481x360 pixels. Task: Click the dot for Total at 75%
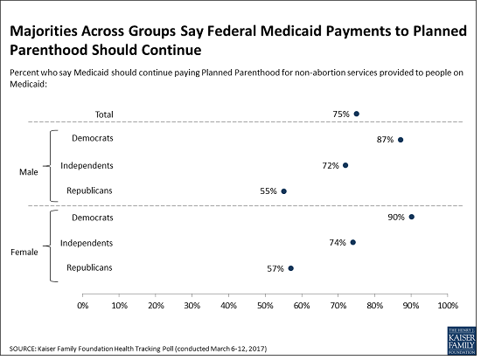(357, 114)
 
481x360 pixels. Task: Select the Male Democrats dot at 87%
(401, 140)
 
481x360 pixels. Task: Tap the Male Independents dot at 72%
(345, 165)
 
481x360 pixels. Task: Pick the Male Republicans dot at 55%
(283, 191)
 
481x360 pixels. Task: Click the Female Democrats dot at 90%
(412, 217)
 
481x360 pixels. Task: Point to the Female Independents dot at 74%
(353, 242)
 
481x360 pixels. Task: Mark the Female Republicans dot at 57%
(291, 268)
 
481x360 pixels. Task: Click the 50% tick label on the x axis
(265, 306)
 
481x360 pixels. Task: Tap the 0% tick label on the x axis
(83, 306)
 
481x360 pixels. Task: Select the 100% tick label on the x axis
(448, 306)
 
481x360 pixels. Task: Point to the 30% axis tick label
(192, 306)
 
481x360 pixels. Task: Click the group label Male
(29, 172)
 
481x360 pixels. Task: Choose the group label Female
(24, 253)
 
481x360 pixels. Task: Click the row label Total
(104, 114)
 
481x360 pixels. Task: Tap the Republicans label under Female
(89, 267)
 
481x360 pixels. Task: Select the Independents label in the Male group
(87, 166)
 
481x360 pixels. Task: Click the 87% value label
(385, 140)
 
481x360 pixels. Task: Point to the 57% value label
(275, 269)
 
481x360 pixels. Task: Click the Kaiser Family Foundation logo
(462, 341)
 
